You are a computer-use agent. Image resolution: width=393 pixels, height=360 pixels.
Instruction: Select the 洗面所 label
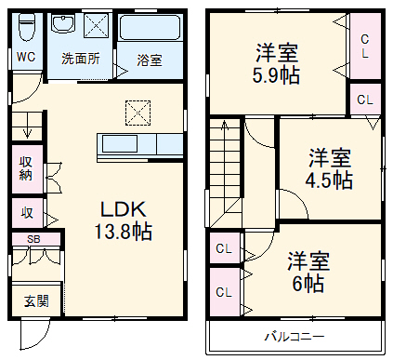pos(81,59)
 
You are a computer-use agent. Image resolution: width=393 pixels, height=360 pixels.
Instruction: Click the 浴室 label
pos(149,60)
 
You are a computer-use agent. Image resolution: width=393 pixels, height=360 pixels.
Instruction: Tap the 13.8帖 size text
pos(123,231)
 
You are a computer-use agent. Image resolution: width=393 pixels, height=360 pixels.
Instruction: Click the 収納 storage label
pos(26,167)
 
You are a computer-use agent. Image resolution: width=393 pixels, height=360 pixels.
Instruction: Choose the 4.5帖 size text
pos(330,180)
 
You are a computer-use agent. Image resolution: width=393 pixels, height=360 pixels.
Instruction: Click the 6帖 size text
pos(306,282)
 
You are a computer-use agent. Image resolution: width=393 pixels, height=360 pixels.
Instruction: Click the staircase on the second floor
pos(224,172)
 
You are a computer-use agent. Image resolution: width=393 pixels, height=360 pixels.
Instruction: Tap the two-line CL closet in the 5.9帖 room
pos(364,47)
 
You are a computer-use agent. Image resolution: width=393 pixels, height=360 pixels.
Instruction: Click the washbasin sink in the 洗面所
pos(64,25)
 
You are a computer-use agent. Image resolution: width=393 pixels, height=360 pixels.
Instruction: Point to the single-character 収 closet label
pos(28,213)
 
